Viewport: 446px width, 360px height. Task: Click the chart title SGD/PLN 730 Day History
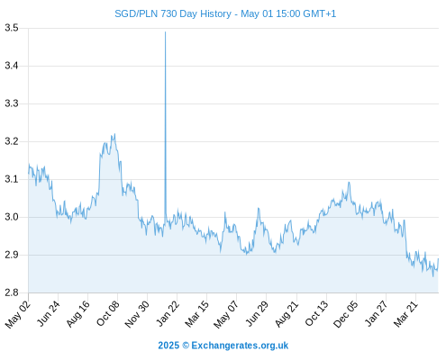click(173, 13)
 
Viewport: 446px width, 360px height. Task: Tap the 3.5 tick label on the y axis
click(12, 28)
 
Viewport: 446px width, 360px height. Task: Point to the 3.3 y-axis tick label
click(12, 103)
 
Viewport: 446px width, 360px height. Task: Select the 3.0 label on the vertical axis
click(12, 217)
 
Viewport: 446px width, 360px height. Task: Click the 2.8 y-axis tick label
click(12, 292)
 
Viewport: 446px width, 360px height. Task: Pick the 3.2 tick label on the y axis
click(12, 141)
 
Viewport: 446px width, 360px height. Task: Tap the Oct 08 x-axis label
click(108, 313)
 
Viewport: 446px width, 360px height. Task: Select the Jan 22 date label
click(168, 313)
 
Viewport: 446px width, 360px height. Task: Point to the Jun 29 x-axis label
click(257, 313)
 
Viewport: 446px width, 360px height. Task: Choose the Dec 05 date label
click(346, 314)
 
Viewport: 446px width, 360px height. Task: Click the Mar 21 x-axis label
click(405, 314)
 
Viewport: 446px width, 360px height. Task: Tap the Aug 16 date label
click(78, 314)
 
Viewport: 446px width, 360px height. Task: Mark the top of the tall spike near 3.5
click(165, 31)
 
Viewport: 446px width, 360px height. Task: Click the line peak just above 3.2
click(114, 134)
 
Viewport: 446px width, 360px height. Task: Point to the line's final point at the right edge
click(438, 258)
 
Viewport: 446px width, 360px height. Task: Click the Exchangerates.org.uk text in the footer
click(240, 346)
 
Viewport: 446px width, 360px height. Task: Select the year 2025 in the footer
click(168, 346)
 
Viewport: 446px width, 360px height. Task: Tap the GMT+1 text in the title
click(320, 13)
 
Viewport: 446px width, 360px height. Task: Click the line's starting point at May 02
click(29, 173)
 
